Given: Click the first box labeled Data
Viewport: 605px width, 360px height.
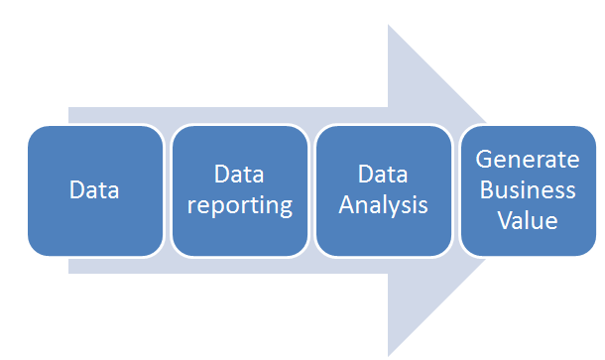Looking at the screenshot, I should pos(94,190).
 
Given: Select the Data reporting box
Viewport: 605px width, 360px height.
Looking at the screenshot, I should pos(239,190).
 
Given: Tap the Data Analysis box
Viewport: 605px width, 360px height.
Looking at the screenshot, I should pos(384,190).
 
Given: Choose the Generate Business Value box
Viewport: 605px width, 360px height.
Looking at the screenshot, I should pos(527,190).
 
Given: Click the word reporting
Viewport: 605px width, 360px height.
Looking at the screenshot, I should pos(239,206).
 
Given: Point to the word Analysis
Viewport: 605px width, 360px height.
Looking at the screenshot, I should pos(384,206).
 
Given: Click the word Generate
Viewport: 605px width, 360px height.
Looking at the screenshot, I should pos(527,160).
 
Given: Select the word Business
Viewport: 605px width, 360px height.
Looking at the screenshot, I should pos(527,189).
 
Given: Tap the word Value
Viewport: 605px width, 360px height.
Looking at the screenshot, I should pos(527,219).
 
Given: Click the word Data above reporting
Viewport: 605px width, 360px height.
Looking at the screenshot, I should pos(239,175).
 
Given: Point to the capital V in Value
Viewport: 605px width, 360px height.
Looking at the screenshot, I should pos(503,219).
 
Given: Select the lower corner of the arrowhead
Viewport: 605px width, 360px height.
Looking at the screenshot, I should pos(389,353).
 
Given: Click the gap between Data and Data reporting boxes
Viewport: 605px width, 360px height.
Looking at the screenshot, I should pos(167,190).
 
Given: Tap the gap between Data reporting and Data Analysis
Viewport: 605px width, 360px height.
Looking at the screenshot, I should pos(311,190).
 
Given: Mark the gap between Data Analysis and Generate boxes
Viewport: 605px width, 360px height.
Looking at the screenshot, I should pos(455,190).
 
